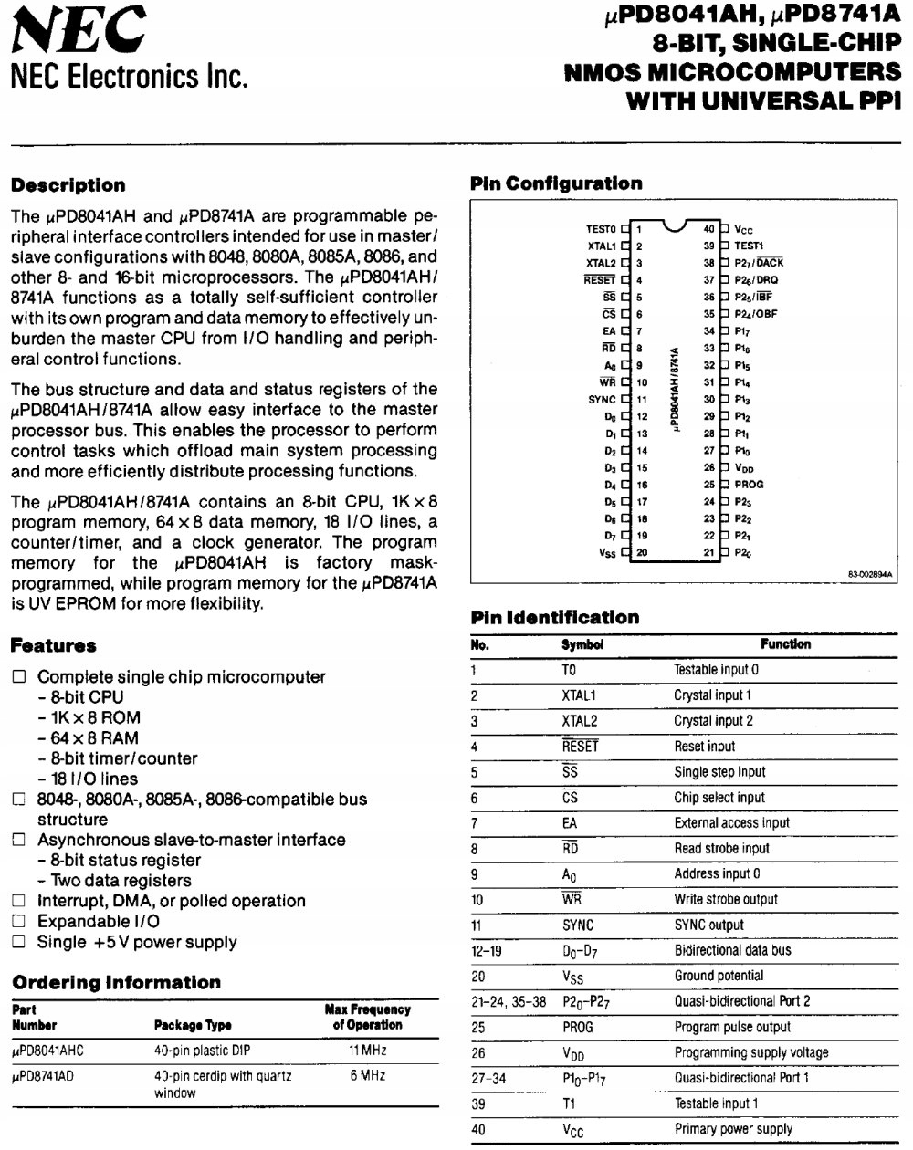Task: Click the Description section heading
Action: [x=68, y=185]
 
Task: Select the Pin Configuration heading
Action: [x=556, y=183]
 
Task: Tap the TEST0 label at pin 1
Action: [x=602, y=229]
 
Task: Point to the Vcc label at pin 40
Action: [x=743, y=230]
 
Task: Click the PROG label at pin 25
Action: [x=749, y=485]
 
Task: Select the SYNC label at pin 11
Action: [x=602, y=400]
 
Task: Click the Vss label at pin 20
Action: [x=607, y=553]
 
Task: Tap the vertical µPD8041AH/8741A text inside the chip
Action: [x=675, y=389]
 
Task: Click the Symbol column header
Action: [x=582, y=644]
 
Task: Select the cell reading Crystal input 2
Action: [x=713, y=721]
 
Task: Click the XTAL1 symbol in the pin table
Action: [x=579, y=695]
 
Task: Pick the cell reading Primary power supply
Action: [x=733, y=1129]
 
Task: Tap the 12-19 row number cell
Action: [x=486, y=950]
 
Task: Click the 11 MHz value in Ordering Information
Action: [x=367, y=1051]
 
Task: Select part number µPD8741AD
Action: [x=43, y=1076]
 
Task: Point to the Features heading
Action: [x=53, y=646]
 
